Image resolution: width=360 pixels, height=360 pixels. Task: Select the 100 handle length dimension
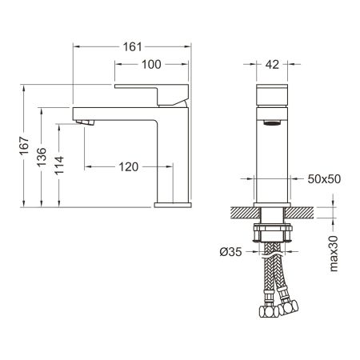pyautogui.click(x=150, y=63)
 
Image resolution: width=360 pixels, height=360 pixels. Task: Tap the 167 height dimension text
pyautogui.click(x=25, y=146)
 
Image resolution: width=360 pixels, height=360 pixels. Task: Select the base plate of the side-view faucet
pyautogui.click(x=172, y=204)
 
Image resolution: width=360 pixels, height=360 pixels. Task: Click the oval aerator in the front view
pyautogui.click(x=273, y=124)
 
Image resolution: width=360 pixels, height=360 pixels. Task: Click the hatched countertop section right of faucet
pyautogui.click(x=301, y=214)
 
